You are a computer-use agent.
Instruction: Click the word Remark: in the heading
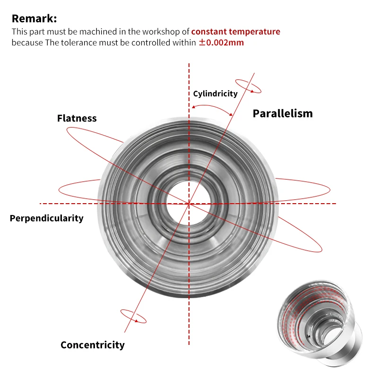(x=34, y=19)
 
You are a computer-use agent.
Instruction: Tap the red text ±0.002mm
(x=221, y=43)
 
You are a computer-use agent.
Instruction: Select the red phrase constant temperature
(x=235, y=32)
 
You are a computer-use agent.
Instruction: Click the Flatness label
(x=77, y=118)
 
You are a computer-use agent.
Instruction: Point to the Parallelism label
(x=283, y=113)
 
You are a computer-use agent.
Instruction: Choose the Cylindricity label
(x=215, y=94)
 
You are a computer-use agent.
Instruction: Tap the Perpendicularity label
(x=46, y=218)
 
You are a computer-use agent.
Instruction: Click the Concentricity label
(x=93, y=345)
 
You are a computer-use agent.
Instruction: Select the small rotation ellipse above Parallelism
(x=249, y=85)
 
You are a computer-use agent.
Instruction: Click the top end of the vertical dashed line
(x=189, y=64)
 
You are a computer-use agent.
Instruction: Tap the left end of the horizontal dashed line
(x=41, y=204)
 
